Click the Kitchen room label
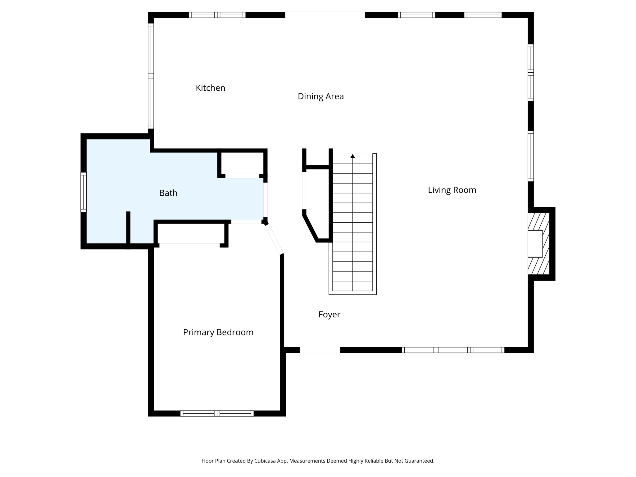(x=210, y=88)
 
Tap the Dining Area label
(x=320, y=96)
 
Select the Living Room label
(x=452, y=190)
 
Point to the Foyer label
(x=329, y=315)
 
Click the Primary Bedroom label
(x=218, y=332)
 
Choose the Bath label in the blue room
(x=168, y=193)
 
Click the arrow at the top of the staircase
(x=352, y=156)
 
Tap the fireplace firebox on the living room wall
(x=535, y=243)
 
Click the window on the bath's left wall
(x=84, y=192)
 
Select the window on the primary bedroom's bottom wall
(x=217, y=413)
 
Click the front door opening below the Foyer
(x=320, y=350)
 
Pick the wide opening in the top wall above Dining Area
(x=325, y=15)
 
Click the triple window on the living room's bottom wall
(x=453, y=350)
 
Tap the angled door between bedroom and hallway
(x=274, y=239)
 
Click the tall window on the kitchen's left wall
(x=151, y=76)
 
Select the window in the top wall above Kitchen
(x=217, y=15)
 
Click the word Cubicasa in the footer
(x=266, y=461)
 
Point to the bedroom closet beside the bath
(x=191, y=233)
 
